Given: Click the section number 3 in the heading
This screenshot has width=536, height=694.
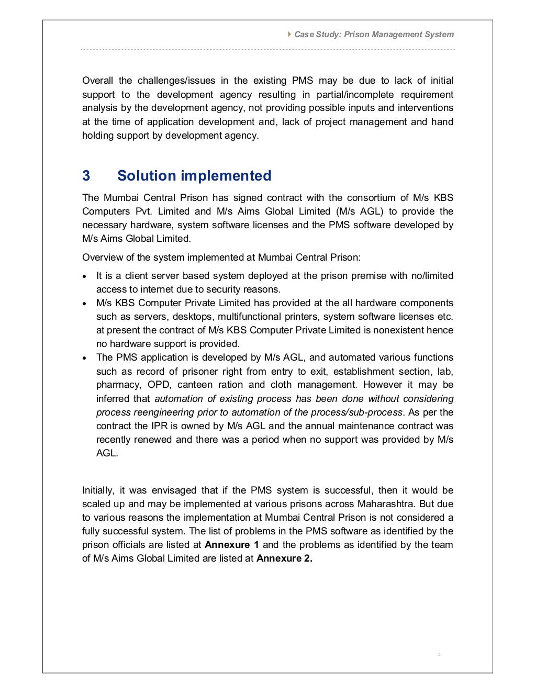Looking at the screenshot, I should (86, 176).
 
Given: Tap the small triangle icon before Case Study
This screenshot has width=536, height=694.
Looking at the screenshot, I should (290, 34).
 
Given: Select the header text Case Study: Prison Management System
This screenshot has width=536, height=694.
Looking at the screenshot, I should (374, 35).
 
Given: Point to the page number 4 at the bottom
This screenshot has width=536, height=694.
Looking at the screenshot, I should (439, 655).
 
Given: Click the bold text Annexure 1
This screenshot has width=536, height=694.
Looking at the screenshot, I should (231, 545).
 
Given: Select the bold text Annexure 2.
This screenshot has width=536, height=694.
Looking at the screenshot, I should (284, 558).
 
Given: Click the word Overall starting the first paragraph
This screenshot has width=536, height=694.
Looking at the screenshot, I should (97, 81).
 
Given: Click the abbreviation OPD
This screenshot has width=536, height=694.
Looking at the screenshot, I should (159, 385).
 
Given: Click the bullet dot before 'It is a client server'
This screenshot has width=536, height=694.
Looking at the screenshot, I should (85, 276).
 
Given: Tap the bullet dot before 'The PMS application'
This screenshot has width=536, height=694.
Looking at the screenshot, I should (85, 358).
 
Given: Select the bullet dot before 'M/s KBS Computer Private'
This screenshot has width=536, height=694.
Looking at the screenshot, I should (85, 304).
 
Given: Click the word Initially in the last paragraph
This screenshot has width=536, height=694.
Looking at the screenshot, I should (98, 490).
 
